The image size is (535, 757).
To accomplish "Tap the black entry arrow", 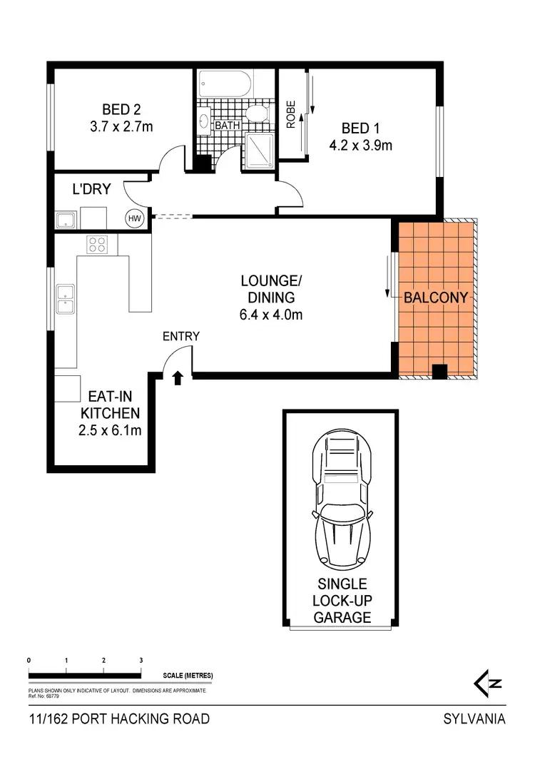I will pyautogui.click(x=178, y=377).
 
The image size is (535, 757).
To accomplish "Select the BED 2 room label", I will pyautogui.click(x=121, y=110).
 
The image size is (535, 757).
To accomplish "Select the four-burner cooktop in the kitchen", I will pyautogui.click(x=98, y=245).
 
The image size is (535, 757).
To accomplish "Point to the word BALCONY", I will pyautogui.click(x=436, y=298).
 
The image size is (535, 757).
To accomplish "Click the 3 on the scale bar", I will pyautogui.click(x=141, y=661).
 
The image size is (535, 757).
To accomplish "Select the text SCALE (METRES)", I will pyautogui.click(x=188, y=675).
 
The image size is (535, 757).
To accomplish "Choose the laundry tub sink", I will pyautogui.click(x=67, y=219).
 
